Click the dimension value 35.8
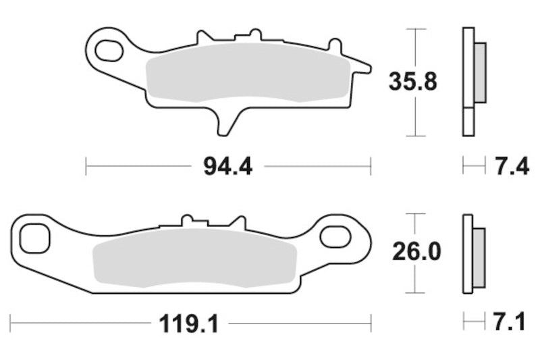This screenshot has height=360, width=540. coord(412,82)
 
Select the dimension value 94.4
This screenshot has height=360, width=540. coord(227,166)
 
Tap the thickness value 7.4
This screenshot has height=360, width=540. coord(512,166)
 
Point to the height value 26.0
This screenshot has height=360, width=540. coord(416,252)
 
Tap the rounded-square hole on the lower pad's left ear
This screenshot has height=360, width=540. coord(33,237)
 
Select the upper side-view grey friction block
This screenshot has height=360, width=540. coord(480,72)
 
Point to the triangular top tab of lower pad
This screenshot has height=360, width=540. coord(237,222)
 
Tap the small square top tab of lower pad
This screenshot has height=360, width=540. coord(188,220)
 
